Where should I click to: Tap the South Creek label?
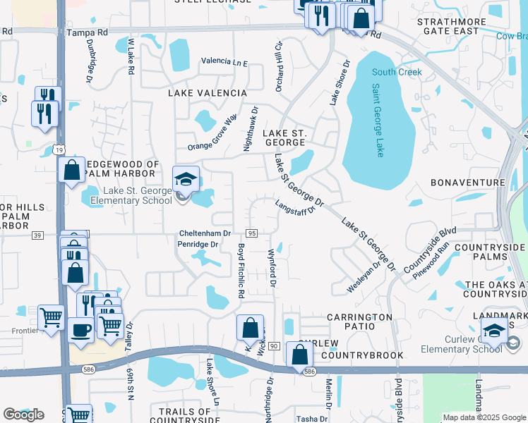click(x=397, y=72)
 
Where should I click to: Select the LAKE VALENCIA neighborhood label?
click(x=207, y=93)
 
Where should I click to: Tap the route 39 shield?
click(x=37, y=234)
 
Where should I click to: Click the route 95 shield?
click(x=251, y=233)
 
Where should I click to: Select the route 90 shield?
click(x=274, y=345)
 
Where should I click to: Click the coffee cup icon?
click(x=80, y=330)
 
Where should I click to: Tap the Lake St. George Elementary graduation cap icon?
click(x=186, y=179)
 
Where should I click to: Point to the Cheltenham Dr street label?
click(x=207, y=233)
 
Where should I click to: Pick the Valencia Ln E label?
click(x=224, y=62)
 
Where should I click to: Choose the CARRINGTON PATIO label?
click(x=359, y=317)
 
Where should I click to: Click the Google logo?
click(x=23, y=415)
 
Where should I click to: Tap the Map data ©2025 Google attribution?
click(x=484, y=417)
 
